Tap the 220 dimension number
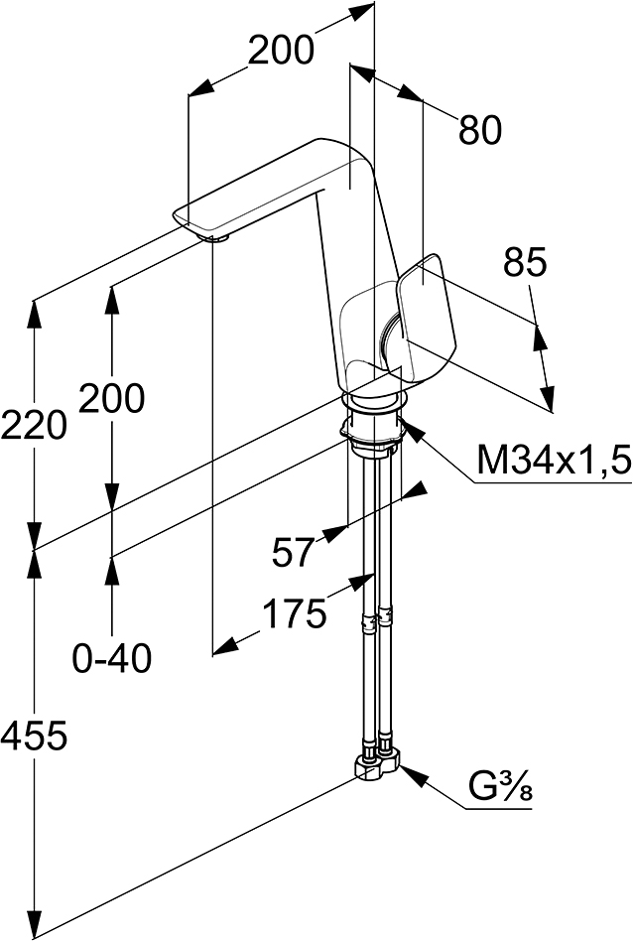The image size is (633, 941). (x=34, y=425)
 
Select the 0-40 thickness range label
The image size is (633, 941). (x=112, y=659)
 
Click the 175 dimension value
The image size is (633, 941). (x=296, y=613)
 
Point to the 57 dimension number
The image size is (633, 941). (x=293, y=552)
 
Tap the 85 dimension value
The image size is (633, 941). (x=525, y=262)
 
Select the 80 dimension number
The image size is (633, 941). (x=480, y=130)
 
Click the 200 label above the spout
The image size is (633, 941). (x=281, y=50)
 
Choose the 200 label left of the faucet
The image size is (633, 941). (x=111, y=397)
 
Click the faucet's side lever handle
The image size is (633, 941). (x=426, y=321)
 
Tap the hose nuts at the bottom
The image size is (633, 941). (x=377, y=762)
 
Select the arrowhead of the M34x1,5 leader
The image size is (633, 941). (x=415, y=432)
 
